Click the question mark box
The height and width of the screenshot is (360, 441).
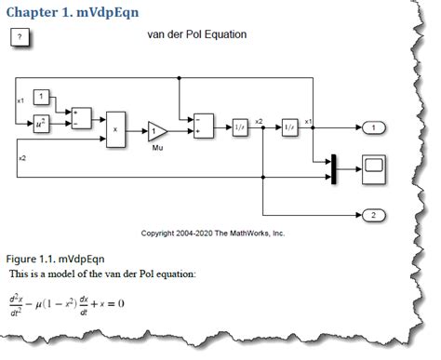[21, 37]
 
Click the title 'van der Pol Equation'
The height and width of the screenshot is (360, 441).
[196, 34]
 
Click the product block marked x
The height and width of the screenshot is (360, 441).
[115, 128]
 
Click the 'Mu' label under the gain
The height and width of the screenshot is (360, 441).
[157, 148]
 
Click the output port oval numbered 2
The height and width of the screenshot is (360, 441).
[372, 215]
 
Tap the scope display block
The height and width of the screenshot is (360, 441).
[374, 168]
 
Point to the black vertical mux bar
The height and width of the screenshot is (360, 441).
[331, 169]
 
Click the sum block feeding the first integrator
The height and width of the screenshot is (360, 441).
[203, 127]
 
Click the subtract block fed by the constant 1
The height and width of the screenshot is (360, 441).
[82, 116]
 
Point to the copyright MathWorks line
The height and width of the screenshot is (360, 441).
[212, 233]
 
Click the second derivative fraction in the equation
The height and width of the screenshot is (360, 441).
[16, 304]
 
